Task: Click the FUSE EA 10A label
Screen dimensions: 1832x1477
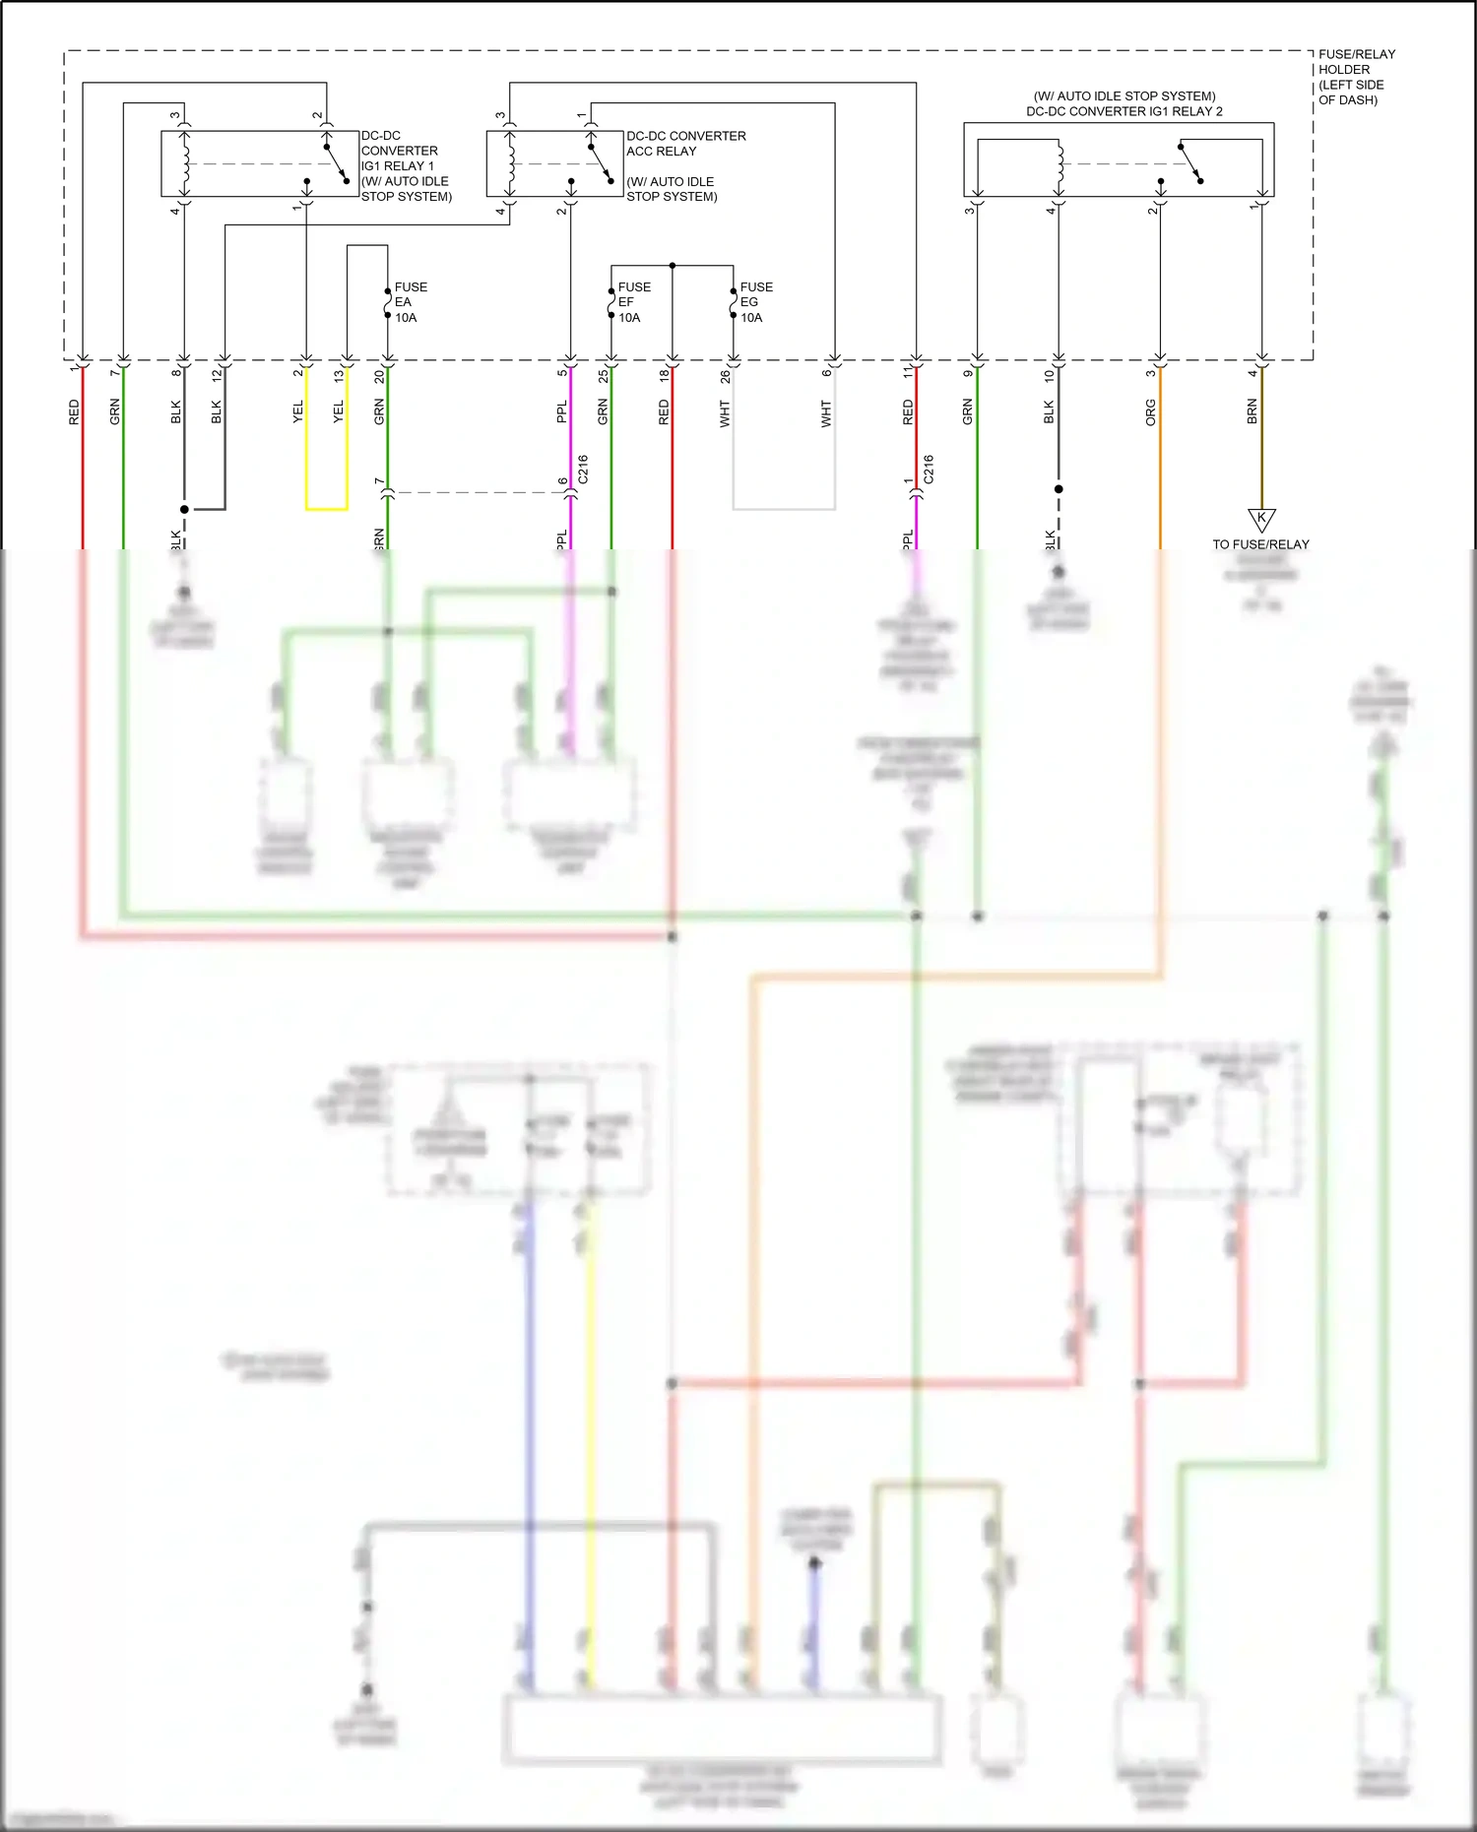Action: coord(410,302)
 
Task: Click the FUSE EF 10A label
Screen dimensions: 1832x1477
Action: coord(633,302)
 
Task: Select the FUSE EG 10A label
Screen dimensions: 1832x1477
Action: coord(755,302)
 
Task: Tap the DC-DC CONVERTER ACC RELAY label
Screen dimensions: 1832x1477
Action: coord(685,144)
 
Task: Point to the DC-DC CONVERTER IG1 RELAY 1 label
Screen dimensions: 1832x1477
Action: coord(405,165)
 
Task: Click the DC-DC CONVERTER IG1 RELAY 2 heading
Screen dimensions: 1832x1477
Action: coord(1124,104)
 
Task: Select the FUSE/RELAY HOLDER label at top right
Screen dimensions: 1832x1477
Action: coord(1356,77)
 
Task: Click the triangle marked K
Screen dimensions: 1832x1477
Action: coord(1261,519)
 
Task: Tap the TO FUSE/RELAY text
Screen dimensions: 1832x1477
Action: coord(1260,544)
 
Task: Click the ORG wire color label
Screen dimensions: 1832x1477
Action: coord(1150,412)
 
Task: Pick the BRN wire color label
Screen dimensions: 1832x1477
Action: coord(1252,411)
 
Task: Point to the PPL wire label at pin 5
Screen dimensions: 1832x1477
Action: coord(561,411)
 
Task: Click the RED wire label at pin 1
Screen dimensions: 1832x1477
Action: coord(74,411)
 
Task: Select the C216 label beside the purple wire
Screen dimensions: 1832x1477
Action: coord(583,469)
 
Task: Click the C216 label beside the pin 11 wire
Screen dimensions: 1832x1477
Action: coord(928,469)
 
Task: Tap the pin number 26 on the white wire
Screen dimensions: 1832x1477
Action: coord(725,375)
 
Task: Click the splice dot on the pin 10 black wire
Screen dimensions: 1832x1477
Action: coord(1059,488)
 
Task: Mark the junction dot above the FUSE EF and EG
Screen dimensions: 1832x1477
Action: coord(673,266)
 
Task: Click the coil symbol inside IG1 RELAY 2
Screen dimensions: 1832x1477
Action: coord(1060,164)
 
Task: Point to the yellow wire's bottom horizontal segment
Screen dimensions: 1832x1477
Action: coord(326,509)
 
